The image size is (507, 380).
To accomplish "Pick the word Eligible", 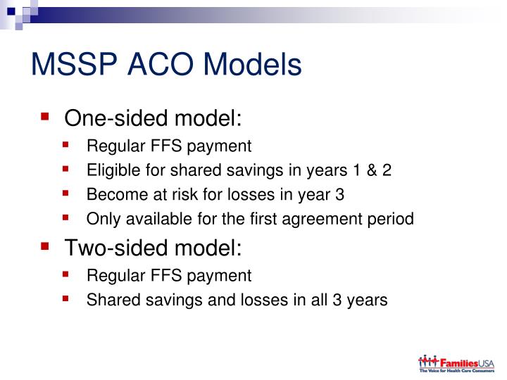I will (111, 171).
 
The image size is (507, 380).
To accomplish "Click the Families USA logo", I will (456, 364).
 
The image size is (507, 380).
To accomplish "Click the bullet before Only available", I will (66, 217).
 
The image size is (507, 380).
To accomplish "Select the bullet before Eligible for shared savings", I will (66, 170).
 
